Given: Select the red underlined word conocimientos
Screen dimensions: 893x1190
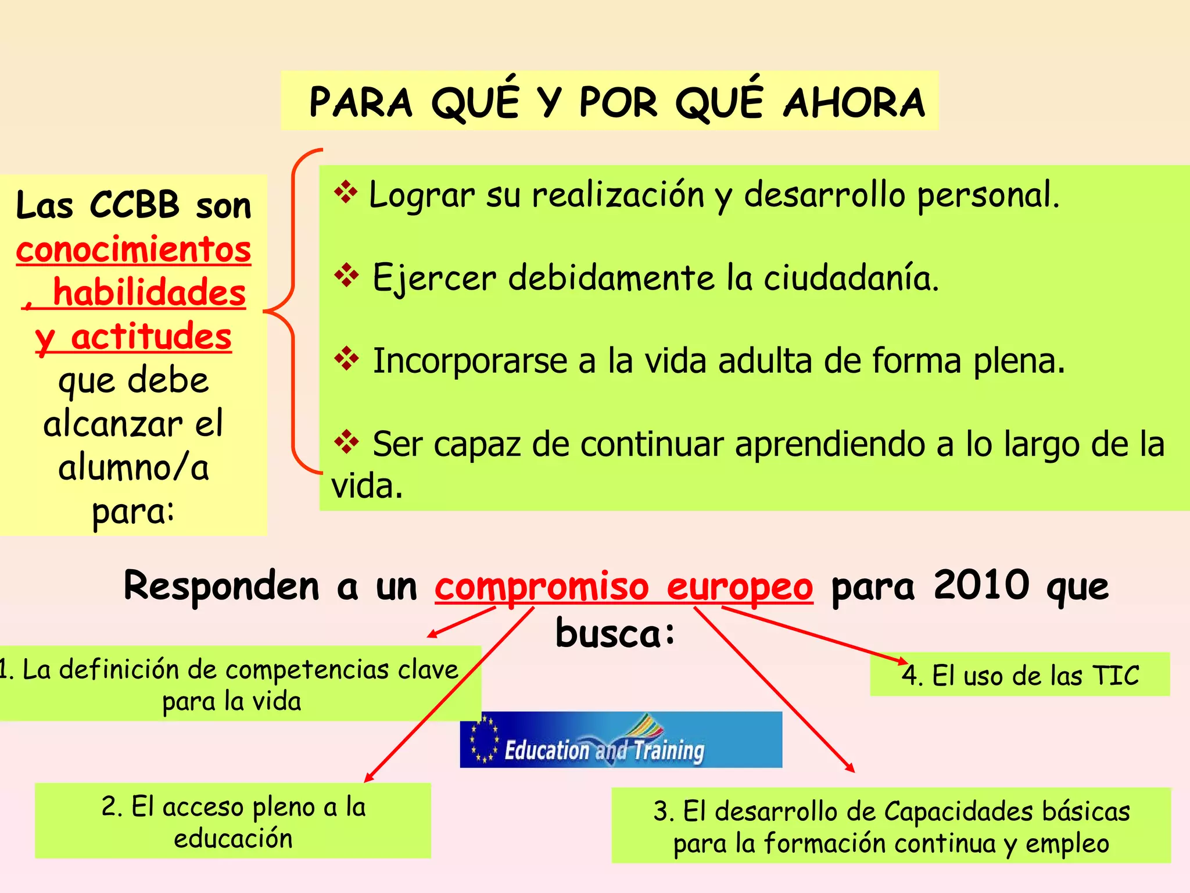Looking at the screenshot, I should tap(134, 249).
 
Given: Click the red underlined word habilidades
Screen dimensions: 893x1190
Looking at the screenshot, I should tap(149, 292).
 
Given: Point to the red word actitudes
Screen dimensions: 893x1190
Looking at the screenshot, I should tap(151, 336).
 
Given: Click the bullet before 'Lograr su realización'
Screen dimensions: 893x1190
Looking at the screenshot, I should tap(346, 192).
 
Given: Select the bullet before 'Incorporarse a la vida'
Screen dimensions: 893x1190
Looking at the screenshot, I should tap(346, 358).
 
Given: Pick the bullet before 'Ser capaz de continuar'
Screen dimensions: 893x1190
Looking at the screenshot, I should tap(346, 441).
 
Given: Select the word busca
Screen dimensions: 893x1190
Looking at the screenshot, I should tap(615, 633).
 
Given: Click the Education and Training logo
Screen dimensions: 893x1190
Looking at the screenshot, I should tap(621, 740).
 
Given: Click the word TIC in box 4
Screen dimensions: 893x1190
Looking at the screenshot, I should tap(1116, 675).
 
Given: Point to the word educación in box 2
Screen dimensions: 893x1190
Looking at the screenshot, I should tap(233, 838).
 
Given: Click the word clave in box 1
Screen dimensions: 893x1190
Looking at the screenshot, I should tap(428, 670).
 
